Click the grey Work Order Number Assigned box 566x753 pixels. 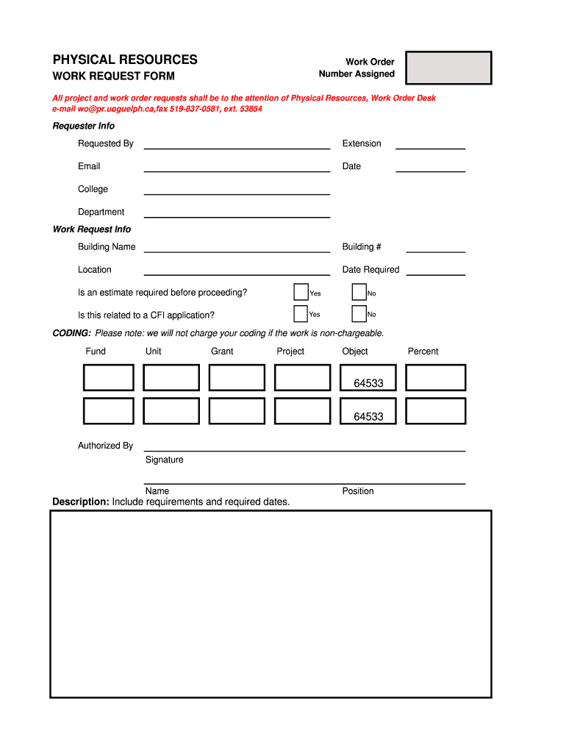click(x=448, y=68)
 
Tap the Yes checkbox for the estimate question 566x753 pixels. click(x=301, y=292)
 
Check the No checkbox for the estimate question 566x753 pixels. click(x=359, y=292)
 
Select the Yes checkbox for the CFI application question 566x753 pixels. click(x=301, y=314)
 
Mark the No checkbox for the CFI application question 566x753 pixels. click(x=359, y=314)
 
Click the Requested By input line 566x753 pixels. click(x=237, y=144)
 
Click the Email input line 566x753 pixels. click(x=237, y=167)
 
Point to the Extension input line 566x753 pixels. click(x=430, y=144)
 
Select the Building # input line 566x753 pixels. click(x=435, y=247)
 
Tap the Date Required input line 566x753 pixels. click(x=435, y=270)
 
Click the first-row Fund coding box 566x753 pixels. click(x=108, y=377)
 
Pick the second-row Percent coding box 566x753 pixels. click(x=435, y=411)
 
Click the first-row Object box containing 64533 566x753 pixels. click(x=368, y=377)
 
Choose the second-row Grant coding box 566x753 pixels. click(x=237, y=411)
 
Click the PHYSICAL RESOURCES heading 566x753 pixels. click(x=125, y=60)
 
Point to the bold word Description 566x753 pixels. click(x=80, y=502)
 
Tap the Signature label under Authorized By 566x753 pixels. click(x=165, y=460)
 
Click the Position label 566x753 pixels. click(x=358, y=490)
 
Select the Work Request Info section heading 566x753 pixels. click(x=92, y=229)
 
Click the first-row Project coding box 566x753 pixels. click(x=302, y=377)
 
